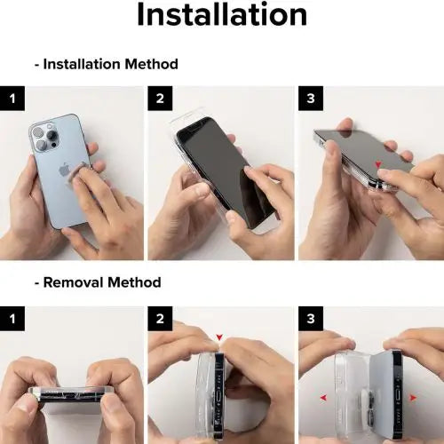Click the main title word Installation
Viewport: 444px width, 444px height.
(x=221, y=15)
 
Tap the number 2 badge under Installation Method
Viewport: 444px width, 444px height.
(x=161, y=98)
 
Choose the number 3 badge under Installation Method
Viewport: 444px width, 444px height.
(x=311, y=98)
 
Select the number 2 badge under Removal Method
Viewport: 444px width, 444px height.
(x=161, y=317)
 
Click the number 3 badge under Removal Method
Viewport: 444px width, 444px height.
(x=311, y=317)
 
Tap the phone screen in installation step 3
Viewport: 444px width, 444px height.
(x=355, y=147)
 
